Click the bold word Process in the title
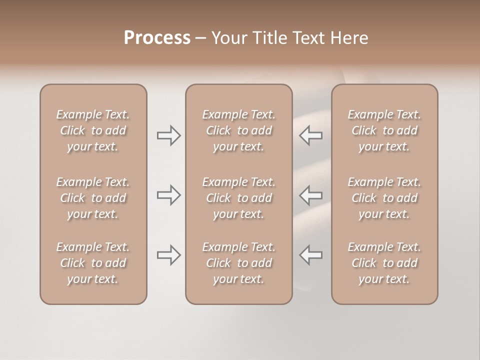pyautogui.click(x=157, y=38)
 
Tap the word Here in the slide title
pyautogui.click(x=348, y=38)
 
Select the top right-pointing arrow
pyautogui.click(x=169, y=135)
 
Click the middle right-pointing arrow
pyautogui.click(x=169, y=195)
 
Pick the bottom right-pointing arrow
pyautogui.click(x=169, y=255)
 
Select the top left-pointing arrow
pyautogui.click(x=311, y=135)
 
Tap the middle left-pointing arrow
pyautogui.click(x=311, y=195)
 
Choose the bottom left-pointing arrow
pyautogui.click(x=311, y=255)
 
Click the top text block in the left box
pyautogui.click(x=93, y=130)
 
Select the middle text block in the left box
pyautogui.click(x=93, y=198)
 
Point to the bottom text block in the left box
pyautogui.click(x=93, y=263)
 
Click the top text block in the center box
pyautogui.click(x=238, y=130)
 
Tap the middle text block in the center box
pyautogui.click(x=238, y=198)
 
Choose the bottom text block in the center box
pyautogui.click(x=238, y=263)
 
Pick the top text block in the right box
pyautogui.click(x=384, y=130)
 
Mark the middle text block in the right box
pyautogui.click(x=384, y=198)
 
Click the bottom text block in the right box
pyautogui.click(x=384, y=263)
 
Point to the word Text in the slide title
pyautogui.click(x=309, y=38)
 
